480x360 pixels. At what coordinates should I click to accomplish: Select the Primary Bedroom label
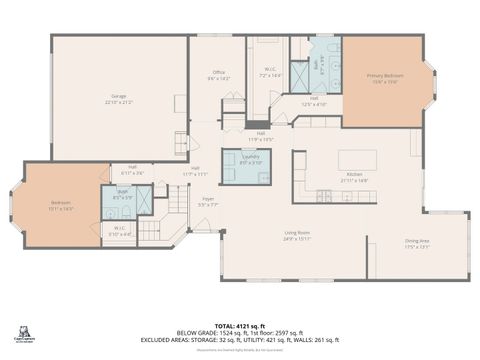coord(385,78)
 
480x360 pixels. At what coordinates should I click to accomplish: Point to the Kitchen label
coord(356,177)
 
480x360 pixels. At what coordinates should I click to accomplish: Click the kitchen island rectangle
coord(357,160)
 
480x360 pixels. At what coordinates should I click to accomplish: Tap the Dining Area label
coord(417,241)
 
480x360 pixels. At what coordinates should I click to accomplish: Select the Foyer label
coord(208,202)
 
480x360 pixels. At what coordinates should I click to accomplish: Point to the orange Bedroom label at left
coord(61,207)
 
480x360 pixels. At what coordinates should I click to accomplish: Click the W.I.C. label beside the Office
coord(270,72)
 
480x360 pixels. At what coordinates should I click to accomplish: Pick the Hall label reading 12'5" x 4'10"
coord(313,100)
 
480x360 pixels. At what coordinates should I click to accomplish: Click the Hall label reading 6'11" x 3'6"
coord(132,170)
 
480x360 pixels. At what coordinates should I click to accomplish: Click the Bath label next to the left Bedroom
coord(121,196)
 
